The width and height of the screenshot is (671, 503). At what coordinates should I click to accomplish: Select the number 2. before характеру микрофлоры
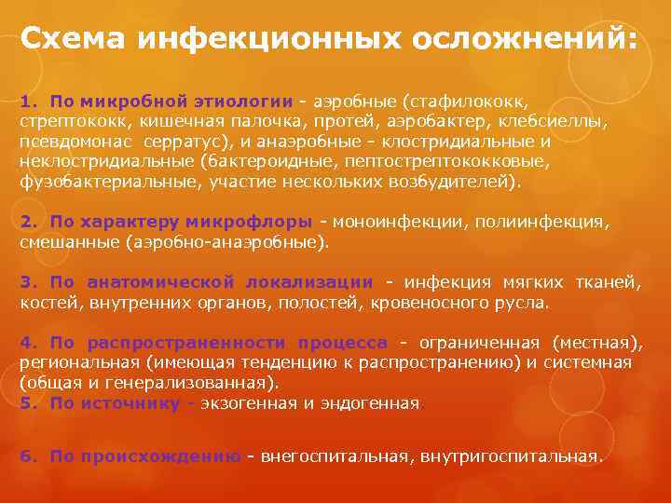click(x=28, y=222)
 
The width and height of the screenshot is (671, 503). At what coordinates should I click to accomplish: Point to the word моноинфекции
click(x=401, y=222)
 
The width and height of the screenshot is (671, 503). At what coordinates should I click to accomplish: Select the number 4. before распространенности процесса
click(x=28, y=343)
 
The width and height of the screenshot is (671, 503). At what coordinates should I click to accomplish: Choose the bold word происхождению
click(x=159, y=455)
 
